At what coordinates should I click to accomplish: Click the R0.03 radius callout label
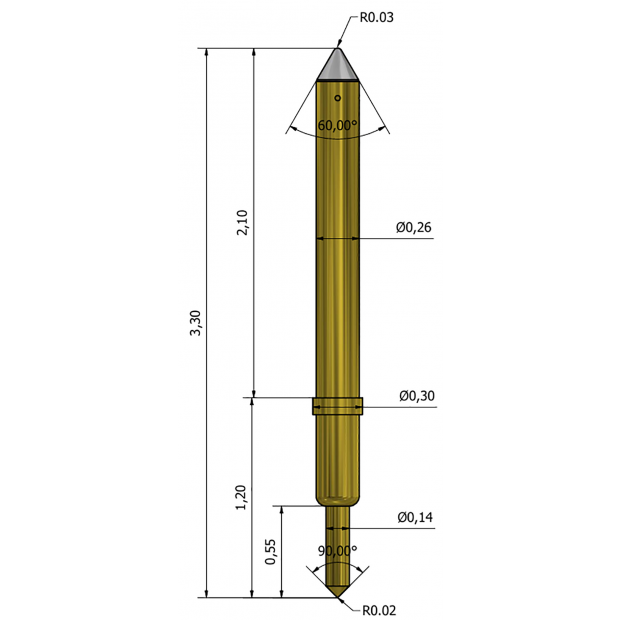(x=376, y=17)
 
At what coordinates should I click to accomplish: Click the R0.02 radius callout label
(x=379, y=610)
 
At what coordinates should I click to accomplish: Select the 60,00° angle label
(x=337, y=125)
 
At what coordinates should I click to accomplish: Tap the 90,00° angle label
(x=337, y=550)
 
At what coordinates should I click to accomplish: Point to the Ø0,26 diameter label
(x=414, y=227)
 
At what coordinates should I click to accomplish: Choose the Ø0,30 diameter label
(x=417, y=396)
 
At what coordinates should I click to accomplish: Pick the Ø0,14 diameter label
(x=415, y=517)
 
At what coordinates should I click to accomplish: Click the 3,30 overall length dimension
(x=196, y=323)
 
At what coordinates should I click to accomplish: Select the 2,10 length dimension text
(x=242, y=223)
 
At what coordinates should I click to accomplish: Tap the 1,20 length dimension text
(x=241, y=497)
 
